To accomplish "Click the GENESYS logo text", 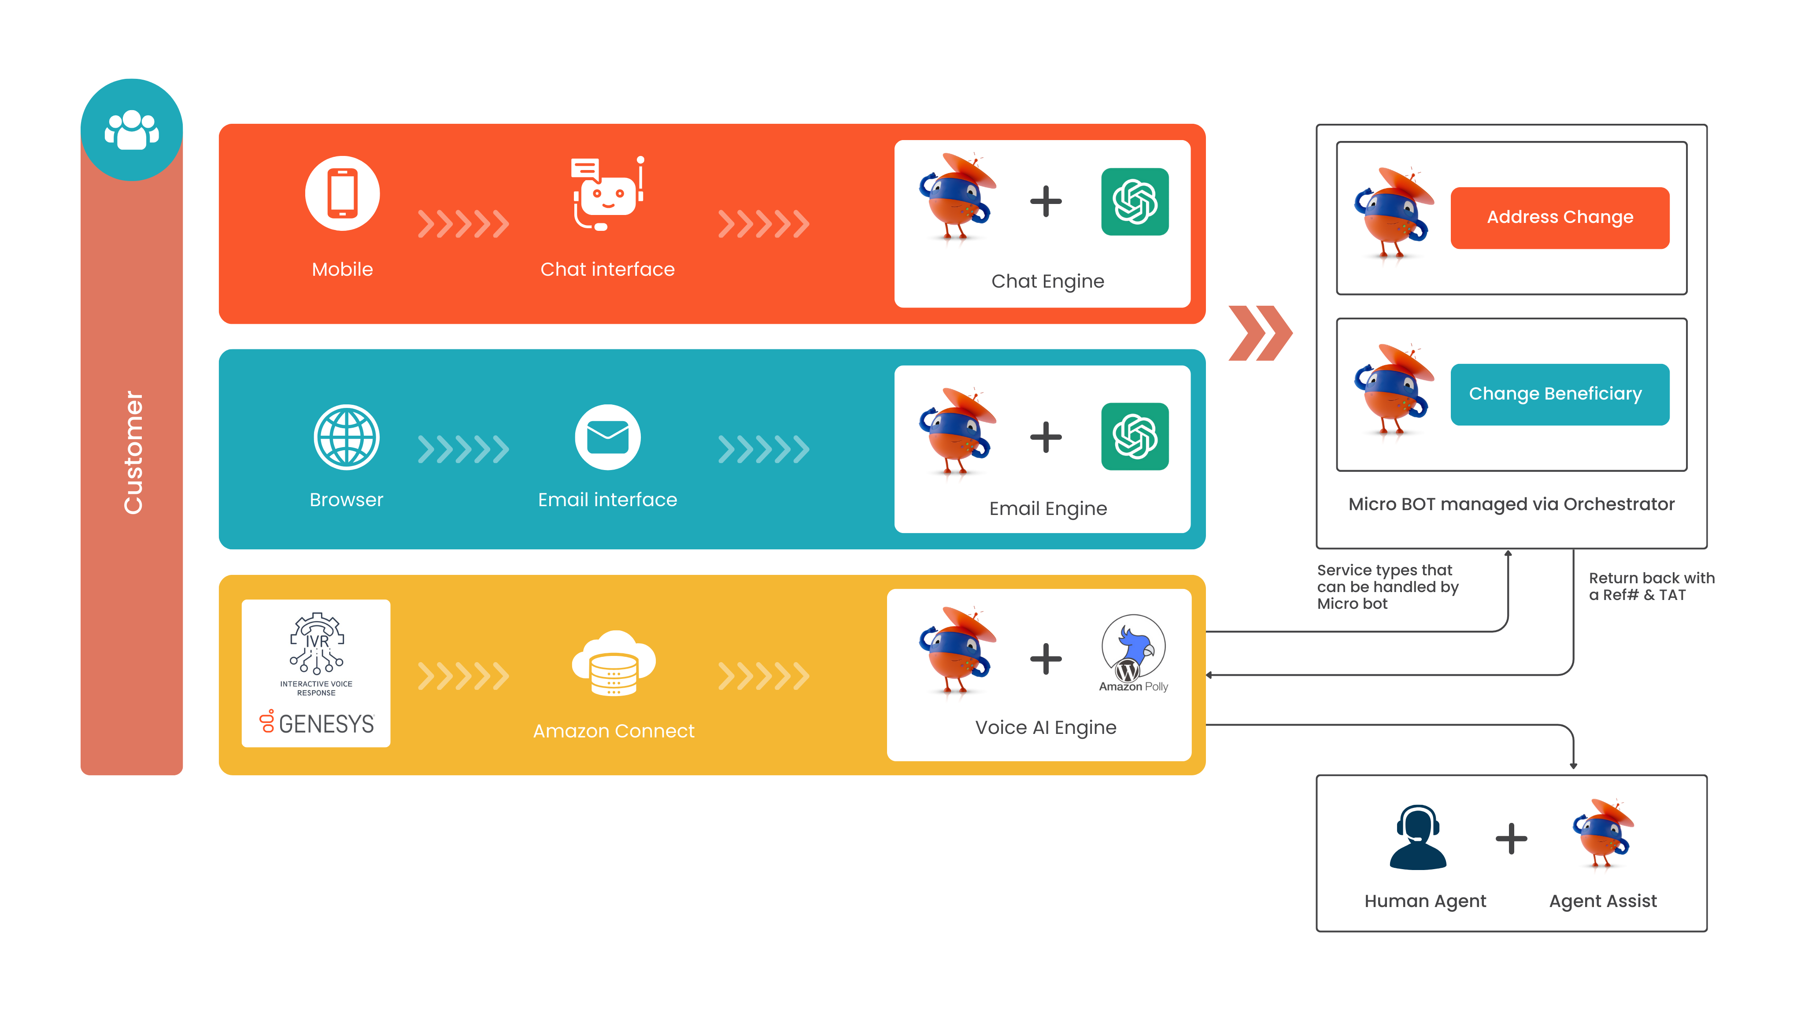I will (326, 724).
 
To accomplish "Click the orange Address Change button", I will (1559, 217).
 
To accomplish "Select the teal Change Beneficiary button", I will (1559, 393).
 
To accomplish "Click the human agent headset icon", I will (1417, 837).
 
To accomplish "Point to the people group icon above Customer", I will (131, 130).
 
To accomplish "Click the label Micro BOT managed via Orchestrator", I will (1511, 504).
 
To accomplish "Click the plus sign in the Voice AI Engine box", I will (1046, 659).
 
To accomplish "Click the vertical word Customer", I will (133, 452).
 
